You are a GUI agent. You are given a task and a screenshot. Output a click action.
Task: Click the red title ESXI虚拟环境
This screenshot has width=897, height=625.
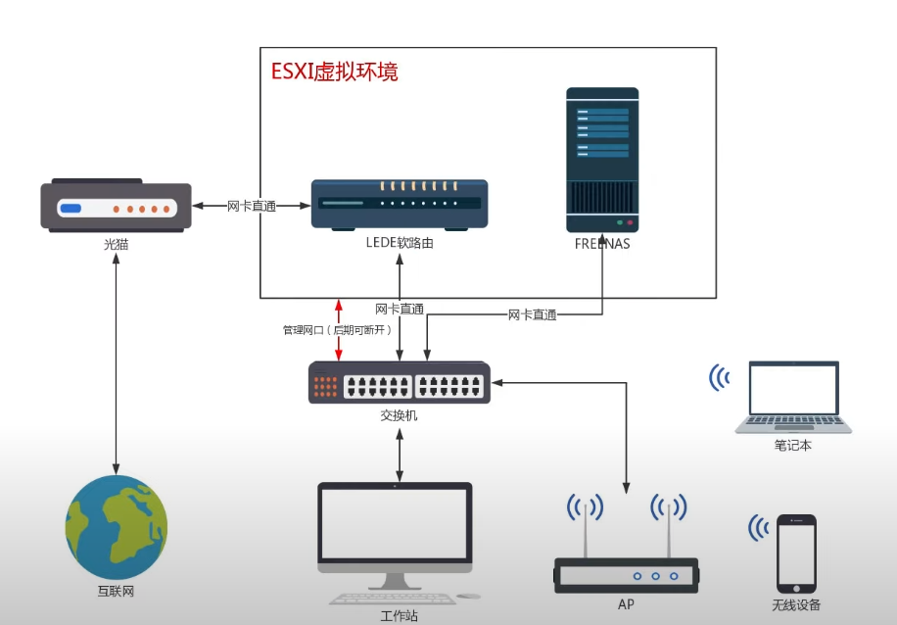[335, 72]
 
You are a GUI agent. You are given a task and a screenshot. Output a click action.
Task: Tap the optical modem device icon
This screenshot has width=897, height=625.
[116, 206]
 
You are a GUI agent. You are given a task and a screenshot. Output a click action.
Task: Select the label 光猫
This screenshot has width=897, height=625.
[116, 244]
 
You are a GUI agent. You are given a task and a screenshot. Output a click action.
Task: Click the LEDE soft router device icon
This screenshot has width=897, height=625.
[400, 204]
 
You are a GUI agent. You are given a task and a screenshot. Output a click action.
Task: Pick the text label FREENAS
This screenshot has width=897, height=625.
[602, 244]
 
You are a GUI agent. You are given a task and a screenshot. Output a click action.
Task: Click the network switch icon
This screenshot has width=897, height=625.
[400, 382]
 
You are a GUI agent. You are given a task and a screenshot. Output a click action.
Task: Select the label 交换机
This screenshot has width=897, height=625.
[400, 415]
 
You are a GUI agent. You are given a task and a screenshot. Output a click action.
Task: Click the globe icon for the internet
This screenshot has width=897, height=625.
[117, 525]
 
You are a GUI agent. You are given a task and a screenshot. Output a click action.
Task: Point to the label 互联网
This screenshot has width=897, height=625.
[117, 593]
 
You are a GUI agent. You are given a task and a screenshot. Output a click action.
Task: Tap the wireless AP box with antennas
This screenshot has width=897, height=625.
[627, 572]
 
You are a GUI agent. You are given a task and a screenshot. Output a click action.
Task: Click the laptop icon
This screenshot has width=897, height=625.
[793, 397]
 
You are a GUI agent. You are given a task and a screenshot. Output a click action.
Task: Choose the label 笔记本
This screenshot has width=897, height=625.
[792, 445]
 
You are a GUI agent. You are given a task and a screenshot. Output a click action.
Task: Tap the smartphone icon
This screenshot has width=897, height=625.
[796, 553]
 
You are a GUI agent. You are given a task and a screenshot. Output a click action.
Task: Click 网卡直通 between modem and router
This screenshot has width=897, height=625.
[252, 206]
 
